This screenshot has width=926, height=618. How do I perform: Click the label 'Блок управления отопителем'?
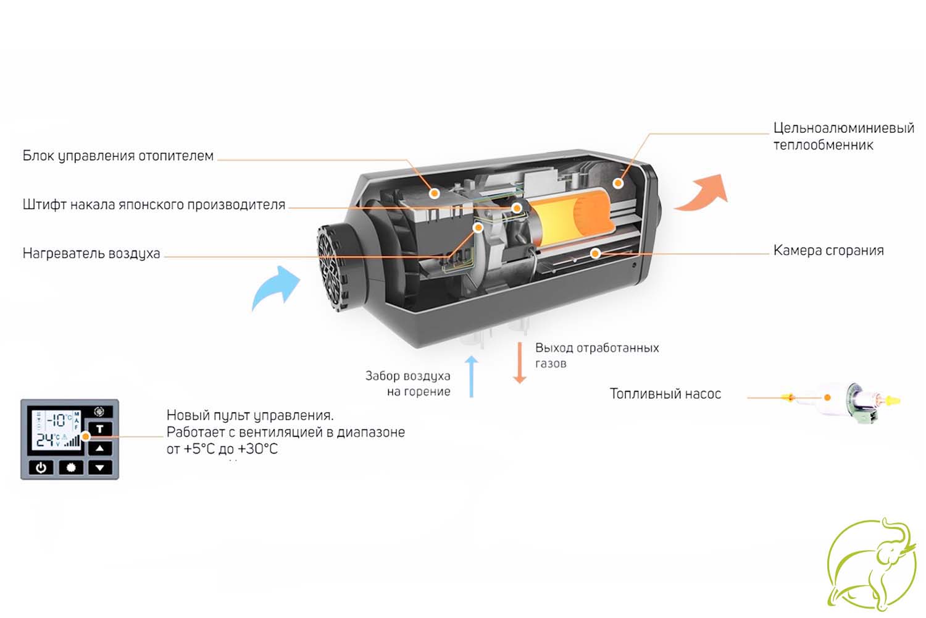(118, 156)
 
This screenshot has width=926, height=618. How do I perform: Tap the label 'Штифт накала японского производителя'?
(154, 205)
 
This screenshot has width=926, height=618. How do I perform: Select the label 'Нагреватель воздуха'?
(91, 253)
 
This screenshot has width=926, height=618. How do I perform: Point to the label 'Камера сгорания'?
(828, 250)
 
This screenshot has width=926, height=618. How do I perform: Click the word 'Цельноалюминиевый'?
(844, 129)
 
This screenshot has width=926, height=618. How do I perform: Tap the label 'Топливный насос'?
(665, 394)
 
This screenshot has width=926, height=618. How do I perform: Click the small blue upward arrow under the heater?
(471, 377)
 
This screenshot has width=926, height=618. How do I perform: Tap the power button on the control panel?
(41, 468)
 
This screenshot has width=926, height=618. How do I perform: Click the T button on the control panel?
(99, 429)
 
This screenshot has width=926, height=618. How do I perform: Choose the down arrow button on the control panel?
(99, 468)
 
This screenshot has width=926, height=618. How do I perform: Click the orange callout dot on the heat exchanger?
(618, 182)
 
